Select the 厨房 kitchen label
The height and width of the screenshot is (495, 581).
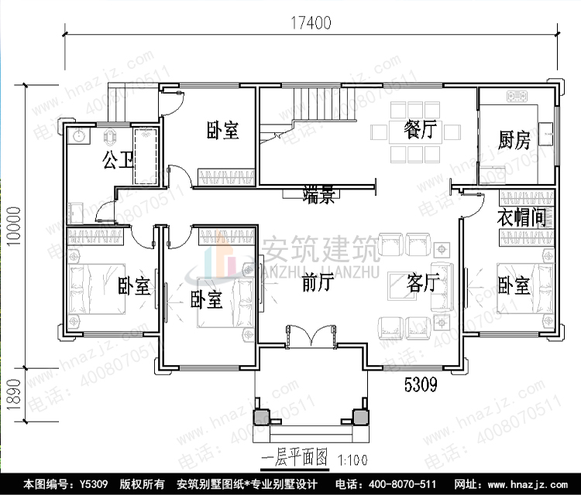[514, 140]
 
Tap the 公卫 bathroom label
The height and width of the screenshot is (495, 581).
[119, 160]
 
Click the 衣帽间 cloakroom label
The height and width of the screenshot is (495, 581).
[521, 217]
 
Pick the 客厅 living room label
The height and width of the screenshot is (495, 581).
[422, 284]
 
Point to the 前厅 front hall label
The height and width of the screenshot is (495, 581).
[318, 283]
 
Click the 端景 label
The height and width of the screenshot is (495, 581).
[318, 196]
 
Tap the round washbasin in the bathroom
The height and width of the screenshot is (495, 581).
[79, 137]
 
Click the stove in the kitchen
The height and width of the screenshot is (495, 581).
[517, 97]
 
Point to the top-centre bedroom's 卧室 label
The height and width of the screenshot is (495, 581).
[222, 130]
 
